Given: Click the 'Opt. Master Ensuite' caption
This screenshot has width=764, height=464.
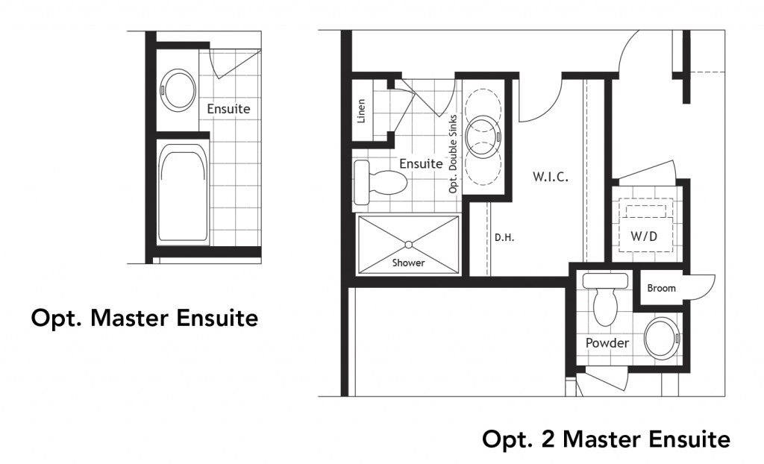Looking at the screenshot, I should (144, 319).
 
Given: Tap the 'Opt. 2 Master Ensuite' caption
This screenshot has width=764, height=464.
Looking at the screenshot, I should (606, 439).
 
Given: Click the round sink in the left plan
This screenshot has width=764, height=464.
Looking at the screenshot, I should (178, 89).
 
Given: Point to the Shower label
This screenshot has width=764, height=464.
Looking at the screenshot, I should (408, 263).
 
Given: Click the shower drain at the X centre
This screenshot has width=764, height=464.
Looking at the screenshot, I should (408, 243).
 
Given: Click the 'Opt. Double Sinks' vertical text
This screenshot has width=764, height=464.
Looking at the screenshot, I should (452, 155).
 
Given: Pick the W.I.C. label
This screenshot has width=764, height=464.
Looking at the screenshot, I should (551, 178).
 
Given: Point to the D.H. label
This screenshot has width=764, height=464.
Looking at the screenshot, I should (505, 239).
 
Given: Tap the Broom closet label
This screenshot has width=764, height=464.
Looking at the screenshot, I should (661, 288).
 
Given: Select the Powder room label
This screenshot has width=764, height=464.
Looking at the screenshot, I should (607, 343).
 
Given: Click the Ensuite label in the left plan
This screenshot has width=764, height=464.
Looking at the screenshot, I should (228, 109).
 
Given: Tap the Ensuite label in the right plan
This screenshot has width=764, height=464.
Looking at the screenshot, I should (421, 163).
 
